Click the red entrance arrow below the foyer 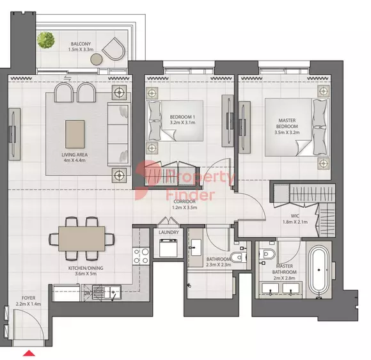point(29,353)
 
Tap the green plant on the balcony point(46,40)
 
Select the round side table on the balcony point(97,59)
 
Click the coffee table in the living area point(75,134)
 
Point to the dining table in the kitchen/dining point(82,239)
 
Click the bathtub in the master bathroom point(319,270)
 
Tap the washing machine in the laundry point(168,247)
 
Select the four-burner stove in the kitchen point(141,256)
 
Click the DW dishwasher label point(88,293)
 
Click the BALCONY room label point(81,43)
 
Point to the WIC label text point(295,215)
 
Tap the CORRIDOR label point(185,201)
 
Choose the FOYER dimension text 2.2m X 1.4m point(28,304)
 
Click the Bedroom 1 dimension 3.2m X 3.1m point(182,123)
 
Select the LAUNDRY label point(169,232)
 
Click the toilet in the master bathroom point(267,254)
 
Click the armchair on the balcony point(114,49)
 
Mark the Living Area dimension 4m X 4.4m point(74,160)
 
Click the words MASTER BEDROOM point(287,123)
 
